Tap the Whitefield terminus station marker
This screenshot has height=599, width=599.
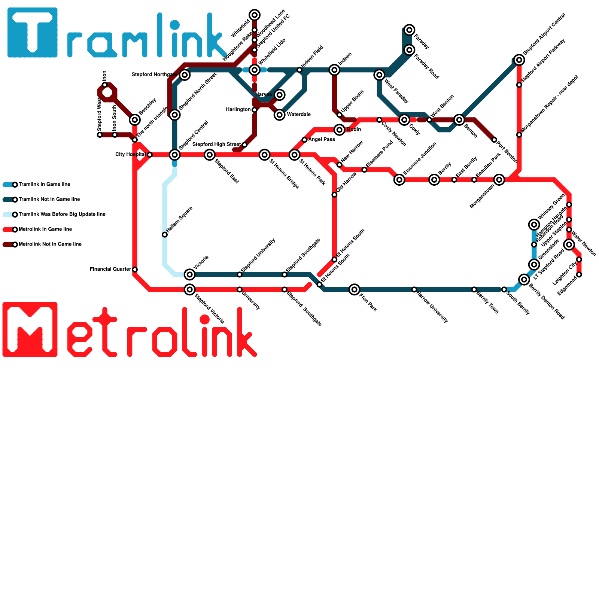[255, 15]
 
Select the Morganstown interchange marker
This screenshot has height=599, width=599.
[499, 180]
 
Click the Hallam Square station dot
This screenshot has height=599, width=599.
[165, 235]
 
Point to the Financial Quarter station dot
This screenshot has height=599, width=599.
[135, 270]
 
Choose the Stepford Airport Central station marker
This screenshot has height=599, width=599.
[519, 60]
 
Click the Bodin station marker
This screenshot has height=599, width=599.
[340, 130]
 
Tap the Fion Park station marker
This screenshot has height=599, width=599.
[355, 289]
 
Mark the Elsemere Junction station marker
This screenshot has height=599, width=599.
[399, 180]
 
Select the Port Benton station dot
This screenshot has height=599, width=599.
[494, 140]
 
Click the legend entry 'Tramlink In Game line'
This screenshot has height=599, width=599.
[44, 185]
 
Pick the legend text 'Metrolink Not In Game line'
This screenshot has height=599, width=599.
[50, 244]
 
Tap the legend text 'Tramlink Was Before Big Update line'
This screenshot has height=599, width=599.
[62, 215]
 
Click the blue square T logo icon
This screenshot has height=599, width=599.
[33, 33]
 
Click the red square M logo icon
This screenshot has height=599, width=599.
[30, 329]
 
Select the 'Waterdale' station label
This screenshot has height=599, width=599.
[298, 115]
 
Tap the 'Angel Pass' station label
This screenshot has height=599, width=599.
[322, 140]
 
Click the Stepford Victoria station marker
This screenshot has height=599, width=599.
[190, 289]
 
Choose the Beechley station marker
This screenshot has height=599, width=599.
[135, 120]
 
